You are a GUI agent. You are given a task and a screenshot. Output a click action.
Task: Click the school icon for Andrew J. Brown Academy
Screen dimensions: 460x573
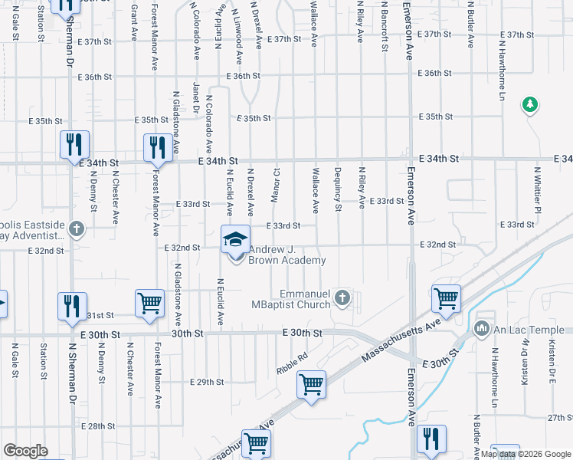click(236, 239)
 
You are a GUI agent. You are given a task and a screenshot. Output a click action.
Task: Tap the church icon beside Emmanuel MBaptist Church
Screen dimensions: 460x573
click(342, 297)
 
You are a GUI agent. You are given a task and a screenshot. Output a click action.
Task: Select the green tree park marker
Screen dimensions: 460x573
click(529, 104)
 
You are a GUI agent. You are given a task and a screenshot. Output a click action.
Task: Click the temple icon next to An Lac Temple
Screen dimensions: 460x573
click(482, 330)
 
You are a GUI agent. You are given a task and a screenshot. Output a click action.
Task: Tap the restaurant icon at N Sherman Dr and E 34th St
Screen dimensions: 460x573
click(74, 146)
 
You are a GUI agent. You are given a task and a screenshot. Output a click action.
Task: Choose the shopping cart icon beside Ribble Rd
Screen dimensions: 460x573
click(311, 385)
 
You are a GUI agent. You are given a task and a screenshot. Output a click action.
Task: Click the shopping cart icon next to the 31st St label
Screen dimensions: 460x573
click(149, 304)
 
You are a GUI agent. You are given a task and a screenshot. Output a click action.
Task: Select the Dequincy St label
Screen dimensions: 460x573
click(337, 189)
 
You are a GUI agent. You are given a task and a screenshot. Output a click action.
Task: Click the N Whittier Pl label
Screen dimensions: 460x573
click(538, 190)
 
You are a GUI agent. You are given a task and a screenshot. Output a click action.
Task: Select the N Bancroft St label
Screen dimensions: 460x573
click(381, 29)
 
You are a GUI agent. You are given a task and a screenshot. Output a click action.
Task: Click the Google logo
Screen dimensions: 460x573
click(25, 451)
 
